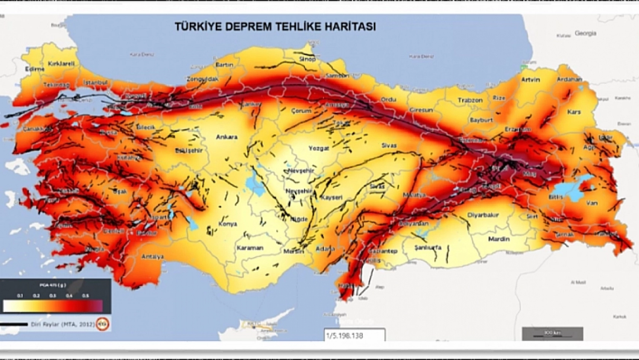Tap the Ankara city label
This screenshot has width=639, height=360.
click(x=227, y=137)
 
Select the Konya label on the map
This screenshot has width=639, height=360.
click(x=228, y=224)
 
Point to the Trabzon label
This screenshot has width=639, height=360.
click(x=470, y=101)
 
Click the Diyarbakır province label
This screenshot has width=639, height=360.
click(x=483, y=215)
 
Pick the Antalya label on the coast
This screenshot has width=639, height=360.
click(x=152, y=257)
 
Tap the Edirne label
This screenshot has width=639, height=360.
click(x=35, y=69)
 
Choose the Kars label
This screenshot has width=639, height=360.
click(x=574, y=112)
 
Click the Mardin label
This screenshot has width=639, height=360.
click(x=499, y=239)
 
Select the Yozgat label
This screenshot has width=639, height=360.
click(x=318, y=148)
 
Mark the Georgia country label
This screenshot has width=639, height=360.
click(x=585, y=33)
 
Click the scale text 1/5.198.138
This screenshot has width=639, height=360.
click(x=345, y=336)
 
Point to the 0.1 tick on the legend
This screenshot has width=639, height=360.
click(x=20, y=295)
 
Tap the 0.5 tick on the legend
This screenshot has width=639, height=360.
click(x=86, y=295)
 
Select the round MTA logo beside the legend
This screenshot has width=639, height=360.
click(x=102, y=324)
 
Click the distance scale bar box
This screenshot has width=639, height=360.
click(x=552, y=333)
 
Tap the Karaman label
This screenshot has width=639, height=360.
click(x=250, y=248)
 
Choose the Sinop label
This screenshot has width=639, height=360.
click(x=307, y=59)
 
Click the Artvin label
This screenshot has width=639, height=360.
click(x=530, y=80)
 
